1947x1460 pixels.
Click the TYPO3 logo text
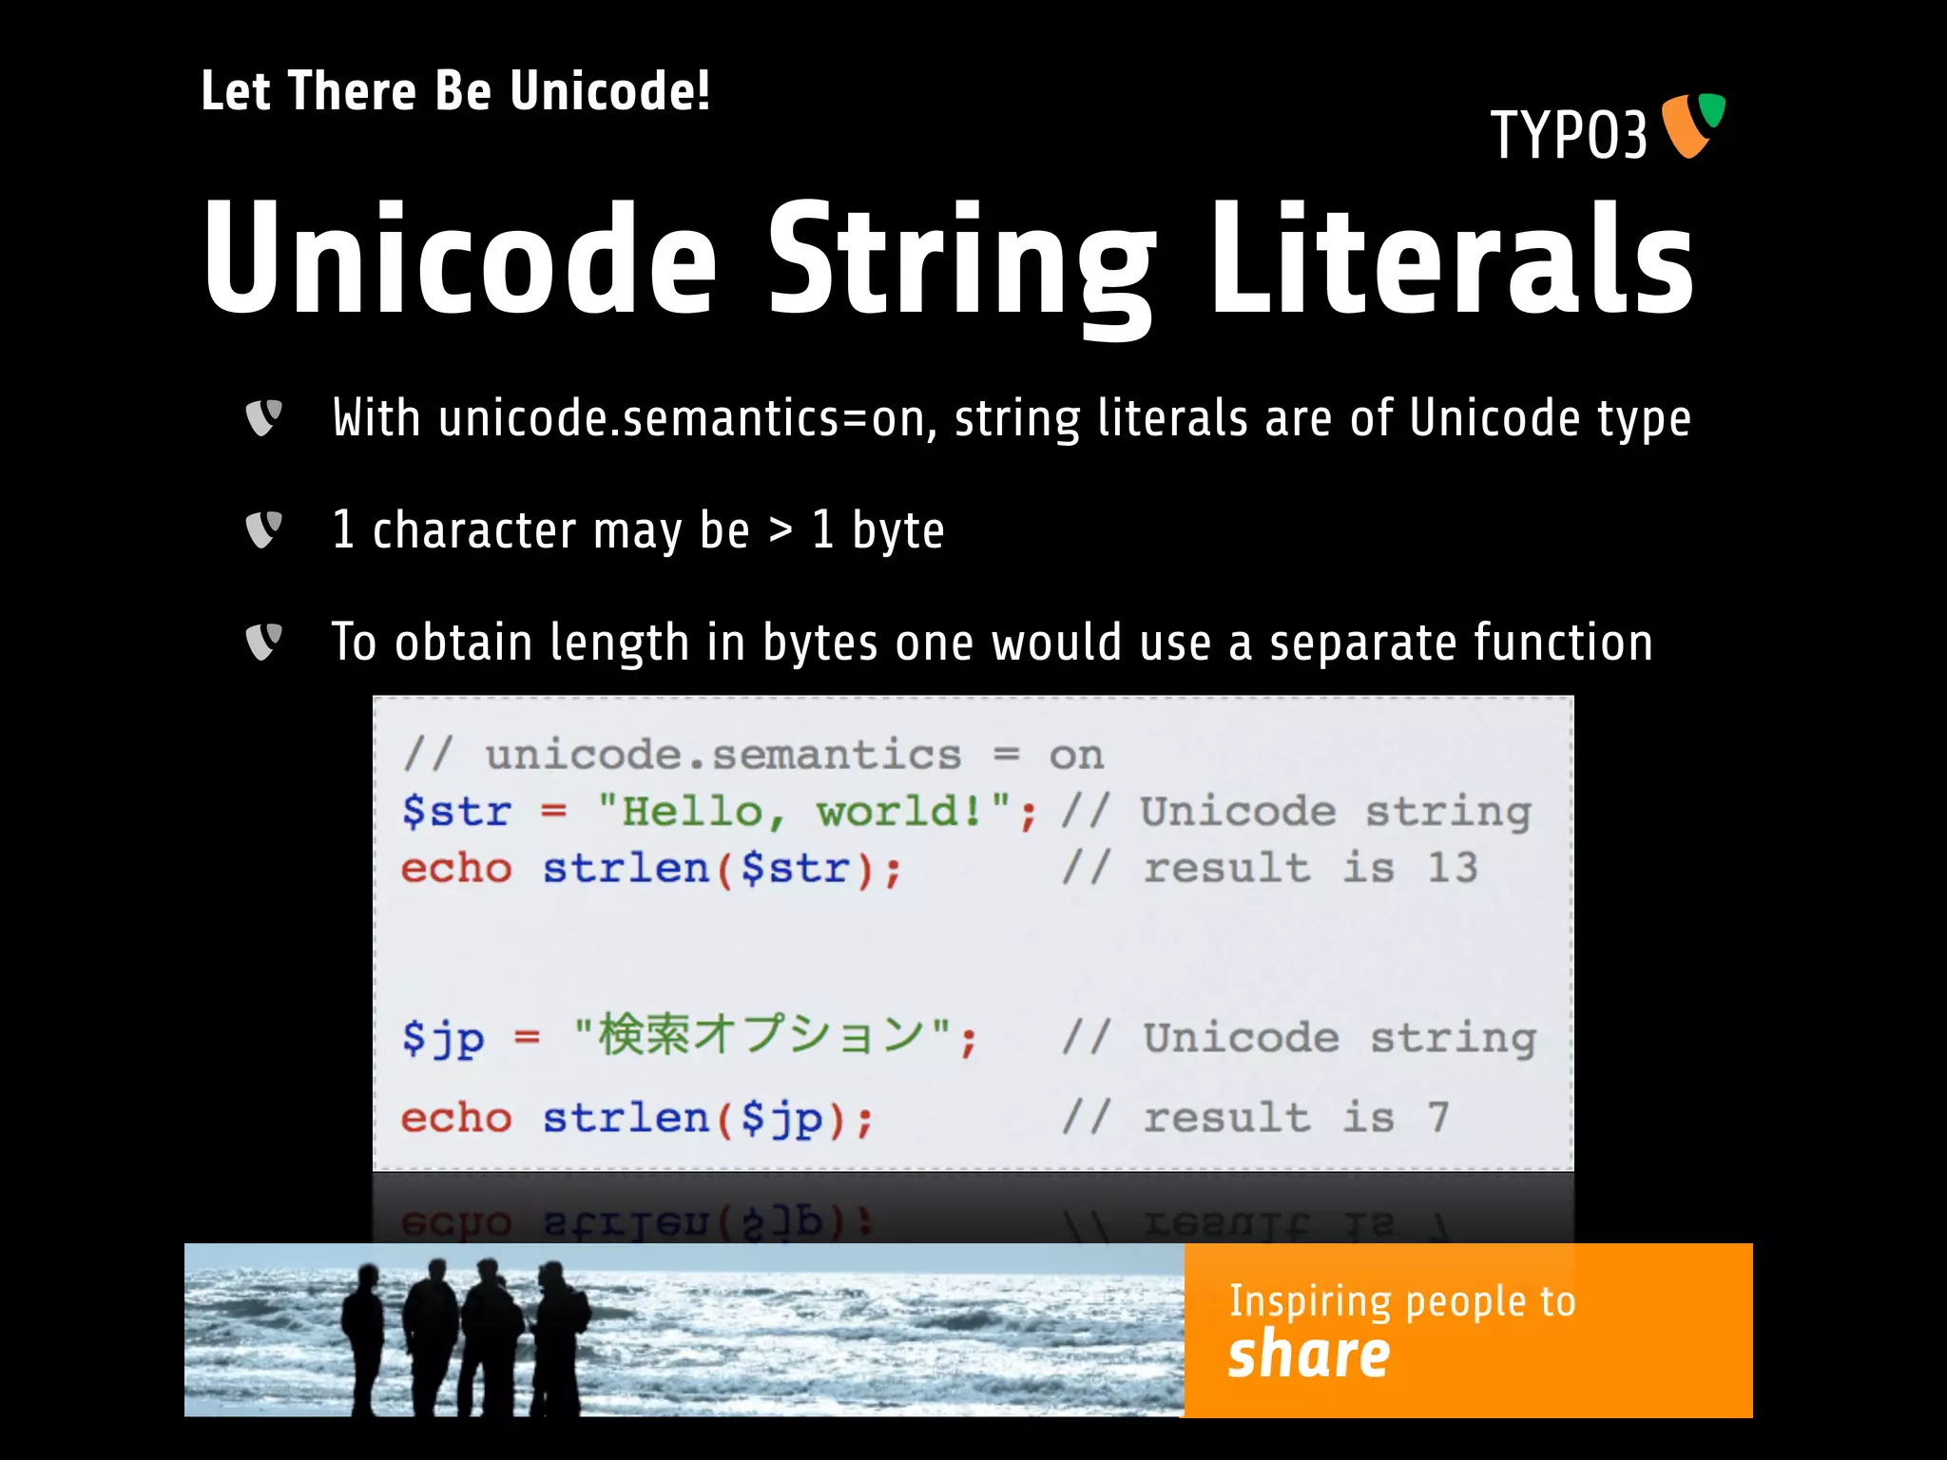pos(1569,135)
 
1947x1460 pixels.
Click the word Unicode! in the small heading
pos(609,91)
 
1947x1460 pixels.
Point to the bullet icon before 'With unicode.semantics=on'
pos(263,418)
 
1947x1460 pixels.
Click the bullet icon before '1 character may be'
pos(263,529)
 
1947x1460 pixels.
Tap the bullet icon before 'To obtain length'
pos(263,642)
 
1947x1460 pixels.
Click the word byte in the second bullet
pos(897,530)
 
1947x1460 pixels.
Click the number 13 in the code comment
pos(1452,868)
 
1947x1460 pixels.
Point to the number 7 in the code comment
pos(1437,1118)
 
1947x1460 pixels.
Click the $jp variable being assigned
pos(442,1038)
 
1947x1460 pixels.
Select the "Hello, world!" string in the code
pos(804,812)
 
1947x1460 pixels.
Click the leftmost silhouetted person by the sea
pos(362,1335)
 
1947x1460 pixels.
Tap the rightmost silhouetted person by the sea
pos(561,1335)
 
